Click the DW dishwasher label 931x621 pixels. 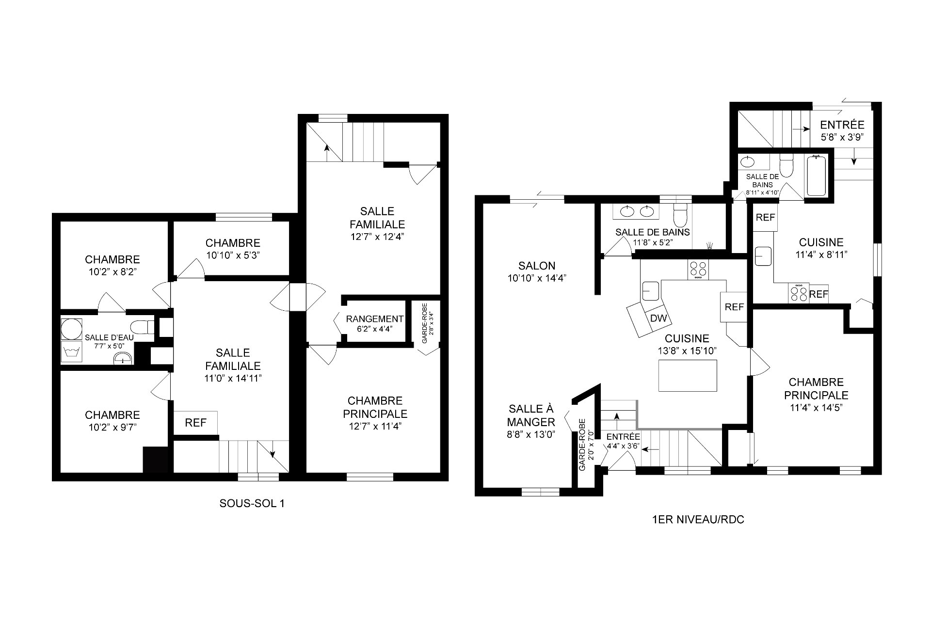[658, 318]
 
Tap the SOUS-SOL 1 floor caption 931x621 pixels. [252, 504]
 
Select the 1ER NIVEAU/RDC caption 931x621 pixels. [699, 520]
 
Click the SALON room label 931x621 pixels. [537, 266]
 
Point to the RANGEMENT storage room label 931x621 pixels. [375, 319]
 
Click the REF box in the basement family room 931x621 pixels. [196, 423]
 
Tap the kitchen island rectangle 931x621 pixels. [688, 376]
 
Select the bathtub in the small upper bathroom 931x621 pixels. [817, 175]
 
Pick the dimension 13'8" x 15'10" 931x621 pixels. [687, 351]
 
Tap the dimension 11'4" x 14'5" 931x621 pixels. [816, 408]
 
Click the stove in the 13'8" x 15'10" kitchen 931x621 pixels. [698, 270]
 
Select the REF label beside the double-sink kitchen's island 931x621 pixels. [735, 307]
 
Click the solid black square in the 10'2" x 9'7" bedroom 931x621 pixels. [155, 460]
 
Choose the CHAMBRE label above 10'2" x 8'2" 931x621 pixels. [112, 260]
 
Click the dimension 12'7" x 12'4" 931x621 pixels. [377, 237]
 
